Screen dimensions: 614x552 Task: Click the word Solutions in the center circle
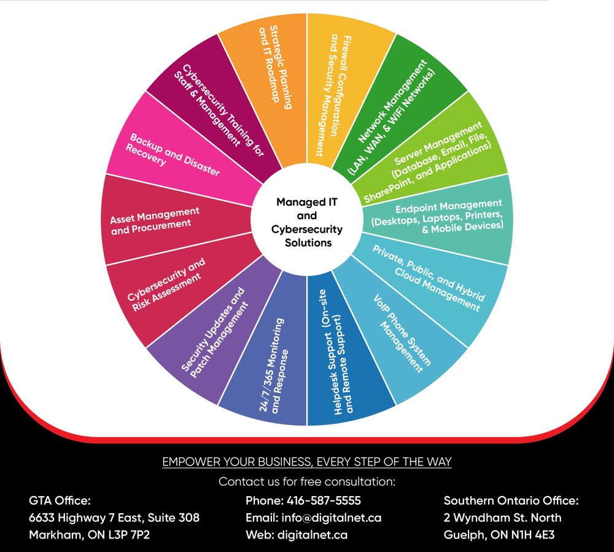click(308, 243)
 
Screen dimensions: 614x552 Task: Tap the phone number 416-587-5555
click(324, 500)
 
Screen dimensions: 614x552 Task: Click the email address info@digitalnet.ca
click(332, 518)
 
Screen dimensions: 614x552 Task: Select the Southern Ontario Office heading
click(511, 500)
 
